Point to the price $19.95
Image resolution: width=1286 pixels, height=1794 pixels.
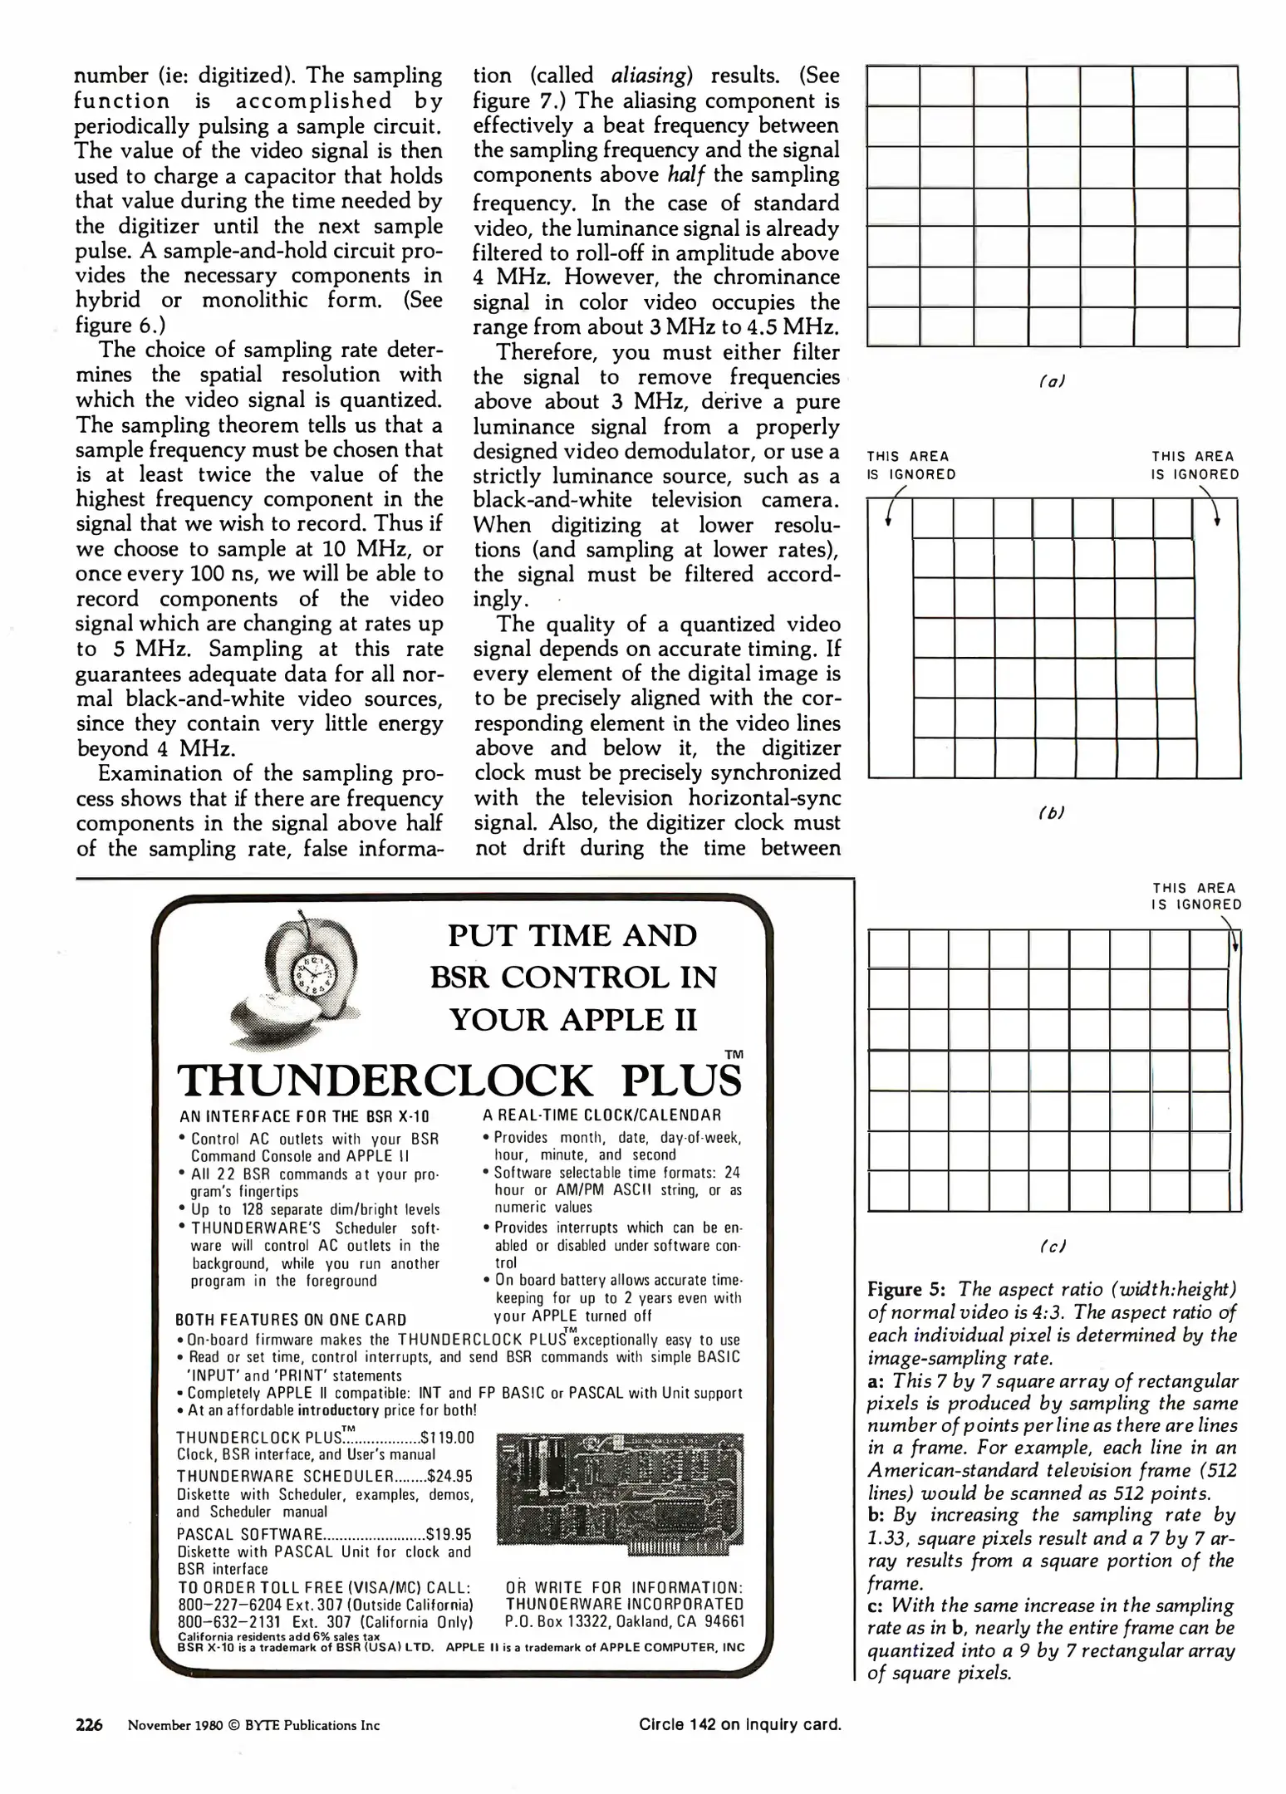(448, 1534)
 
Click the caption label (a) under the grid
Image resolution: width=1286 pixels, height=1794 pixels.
(1052, 381)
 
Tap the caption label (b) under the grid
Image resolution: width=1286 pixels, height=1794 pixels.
(1052, 813)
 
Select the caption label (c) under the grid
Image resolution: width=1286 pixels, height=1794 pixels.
(1052, 1246)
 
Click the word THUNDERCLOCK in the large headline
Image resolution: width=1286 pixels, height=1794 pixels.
(385, 1081)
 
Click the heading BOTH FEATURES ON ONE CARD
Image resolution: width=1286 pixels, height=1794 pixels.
(291, 1320)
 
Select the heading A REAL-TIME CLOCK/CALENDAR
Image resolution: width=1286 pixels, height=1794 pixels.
(601, 1115)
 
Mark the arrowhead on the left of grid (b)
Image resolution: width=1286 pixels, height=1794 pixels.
(889, 522)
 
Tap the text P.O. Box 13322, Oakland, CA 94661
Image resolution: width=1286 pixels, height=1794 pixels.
(625, 1622)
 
